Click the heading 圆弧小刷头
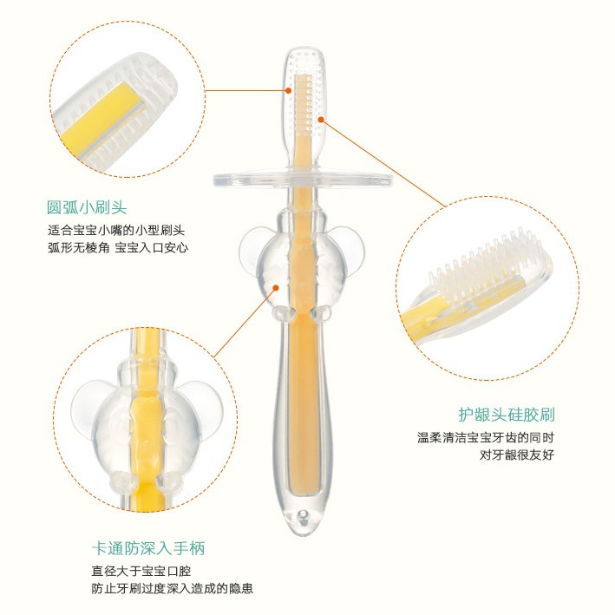coord(87,207)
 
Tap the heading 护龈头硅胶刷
coord(507,415)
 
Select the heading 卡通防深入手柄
coord(148,548)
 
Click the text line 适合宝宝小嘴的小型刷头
coord(116,230)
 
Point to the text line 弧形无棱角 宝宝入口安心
coord(118,247)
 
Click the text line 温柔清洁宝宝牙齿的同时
coord(486,437)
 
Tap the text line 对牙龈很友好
coord(517,455)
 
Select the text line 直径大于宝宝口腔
coord(141,571)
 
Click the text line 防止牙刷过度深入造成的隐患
coord(173,588)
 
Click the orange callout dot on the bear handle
coord(276,288)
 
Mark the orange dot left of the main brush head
coord(288,90)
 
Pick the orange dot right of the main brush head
coord(321,119)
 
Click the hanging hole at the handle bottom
coord(302,515)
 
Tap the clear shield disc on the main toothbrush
coord(303,179)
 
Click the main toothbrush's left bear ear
coord(251,245)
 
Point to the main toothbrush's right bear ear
coord(351,245)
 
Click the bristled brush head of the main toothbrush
coord(304,95)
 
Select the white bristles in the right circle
coord(487,266)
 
